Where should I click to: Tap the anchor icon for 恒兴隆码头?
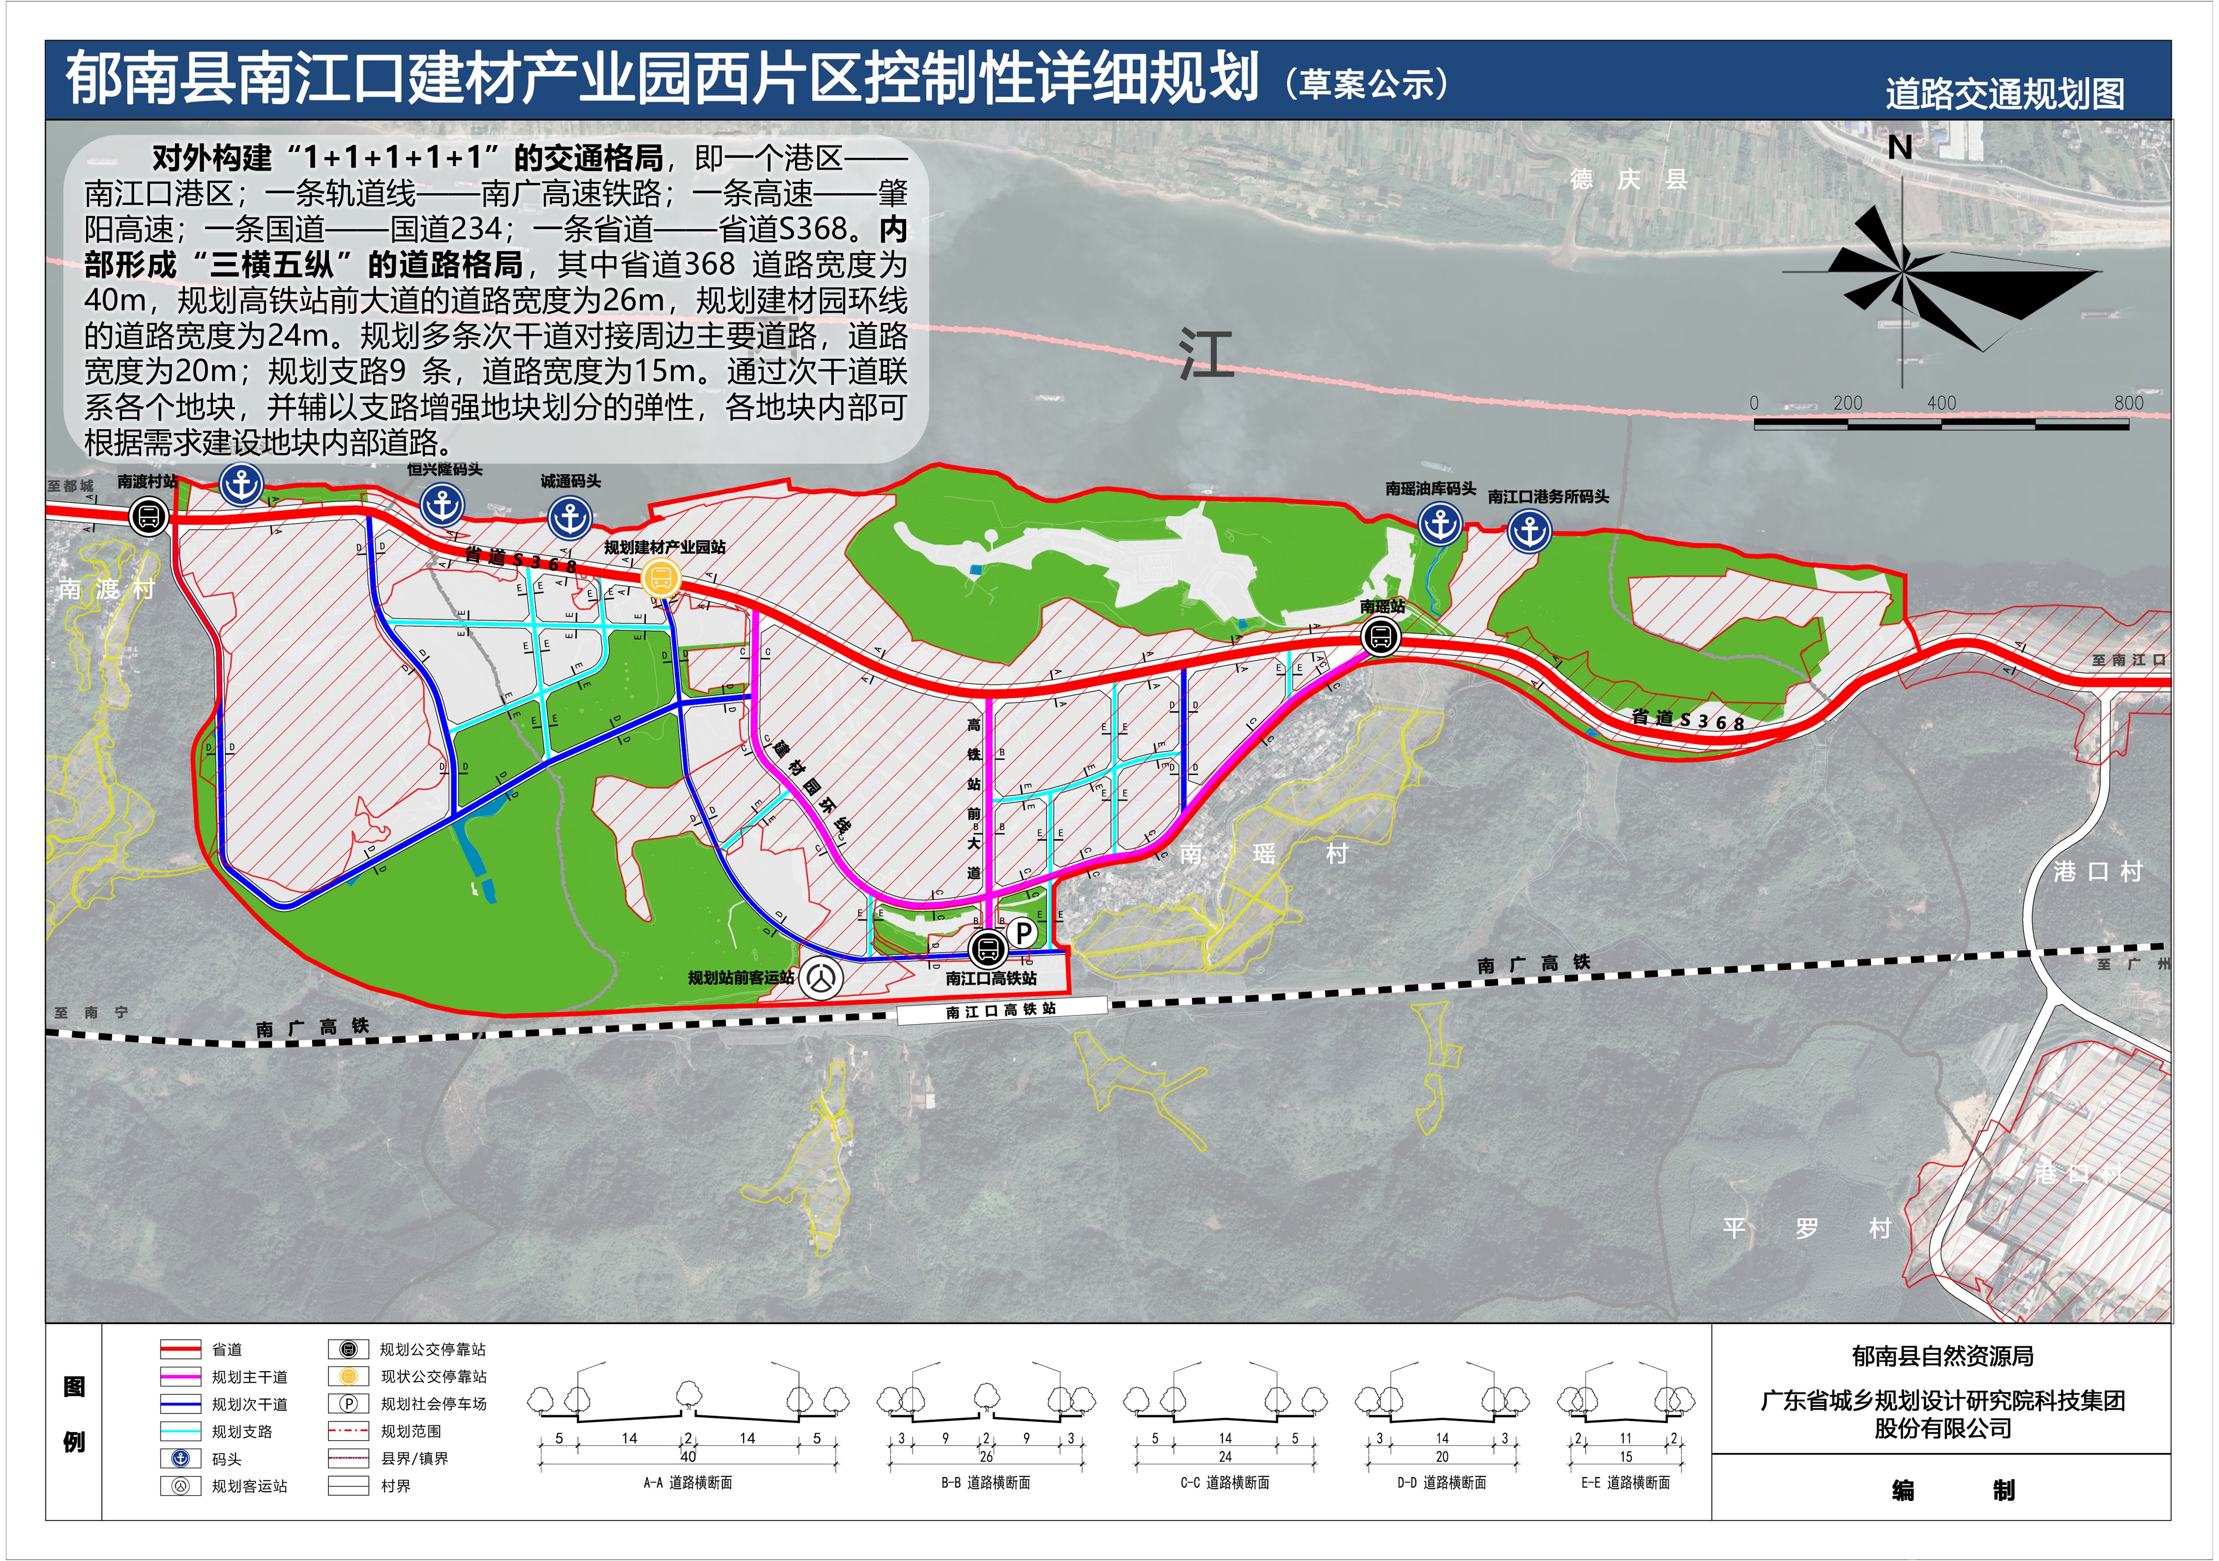tap(443, 503)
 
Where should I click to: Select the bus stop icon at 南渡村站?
tap(149, 515)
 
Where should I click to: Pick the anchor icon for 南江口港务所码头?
tap(1530, 530)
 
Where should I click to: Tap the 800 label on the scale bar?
tap(2128, 403)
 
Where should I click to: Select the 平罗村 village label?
tap(1806, 1229)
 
